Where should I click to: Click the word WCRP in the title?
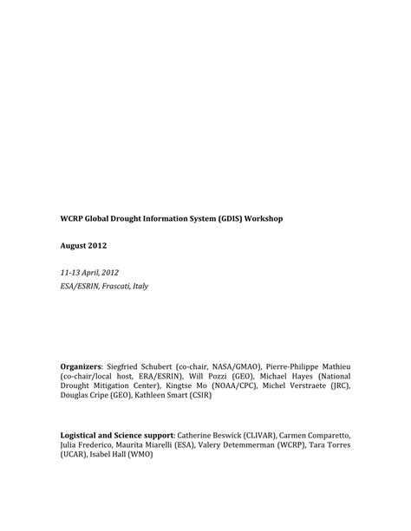pos(72,219)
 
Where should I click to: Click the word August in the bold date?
pos(75,246)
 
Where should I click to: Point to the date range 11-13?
pos(71,272)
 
